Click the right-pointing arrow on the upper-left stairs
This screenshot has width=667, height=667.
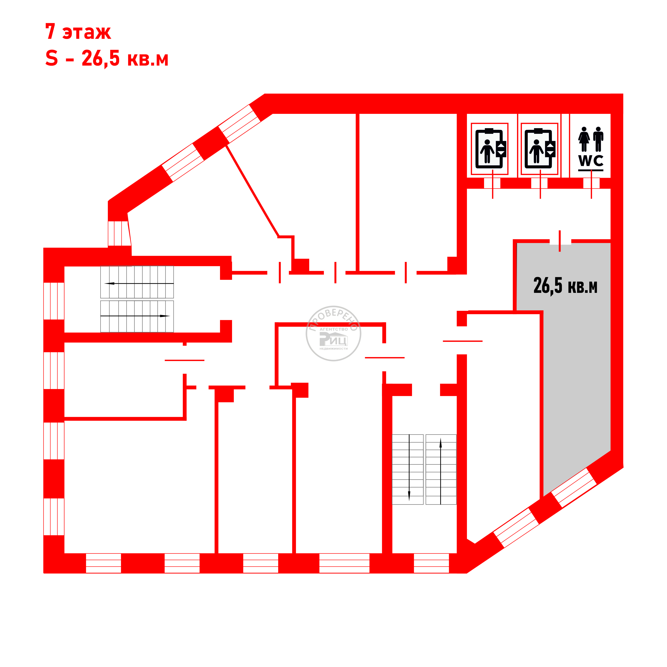coord(135,316)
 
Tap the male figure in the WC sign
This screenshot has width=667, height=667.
coord(598,139)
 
